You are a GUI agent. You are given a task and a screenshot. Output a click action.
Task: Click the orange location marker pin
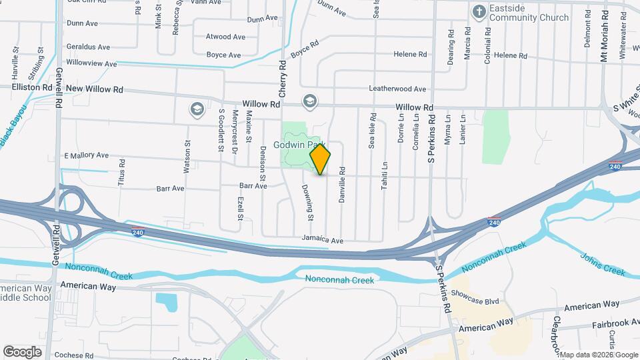click(x=320, y=159)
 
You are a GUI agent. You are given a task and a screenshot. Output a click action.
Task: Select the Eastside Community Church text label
click(x=529, y=13)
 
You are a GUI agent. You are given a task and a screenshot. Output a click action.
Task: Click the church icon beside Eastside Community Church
click(x=478, y=11)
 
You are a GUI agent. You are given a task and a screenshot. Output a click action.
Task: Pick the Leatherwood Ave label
click(x=397, y=89)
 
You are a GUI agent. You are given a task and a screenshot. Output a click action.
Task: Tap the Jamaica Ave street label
click(x=322, y=240)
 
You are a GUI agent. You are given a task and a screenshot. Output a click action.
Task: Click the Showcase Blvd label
click(x=475, y=301)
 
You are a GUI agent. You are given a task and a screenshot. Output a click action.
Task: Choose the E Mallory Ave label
click(x=86, y=155)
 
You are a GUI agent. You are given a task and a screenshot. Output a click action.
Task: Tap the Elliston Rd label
click(x=32, y=87)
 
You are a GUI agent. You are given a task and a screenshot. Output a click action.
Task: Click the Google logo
click(x=22, y=351)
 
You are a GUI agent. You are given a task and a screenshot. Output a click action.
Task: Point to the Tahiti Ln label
click(x=385, y=175)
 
